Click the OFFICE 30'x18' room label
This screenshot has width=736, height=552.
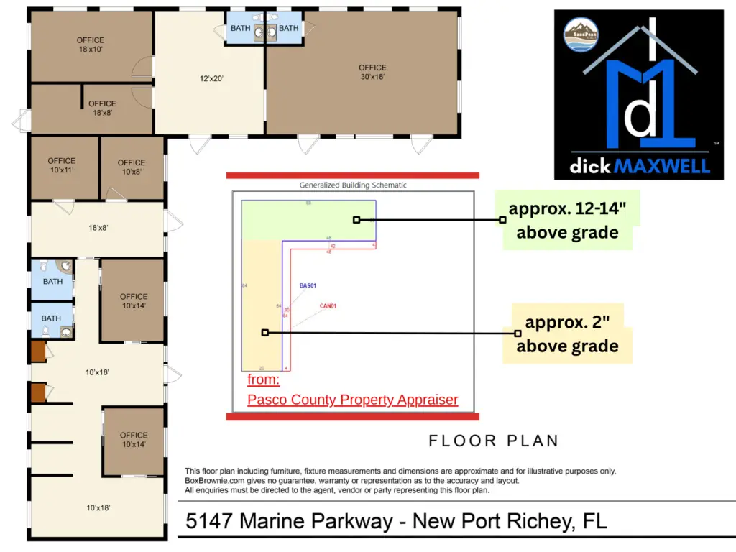point(372,73)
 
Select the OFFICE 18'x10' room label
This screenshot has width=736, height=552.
point(91,45)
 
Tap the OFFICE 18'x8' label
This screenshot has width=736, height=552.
point(102,108)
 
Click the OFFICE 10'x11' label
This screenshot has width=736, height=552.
point(62,166)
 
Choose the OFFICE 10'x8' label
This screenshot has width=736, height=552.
point(132,167)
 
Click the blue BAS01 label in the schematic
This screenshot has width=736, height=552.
point(308,286)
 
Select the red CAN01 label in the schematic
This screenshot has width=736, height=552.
point(328,306)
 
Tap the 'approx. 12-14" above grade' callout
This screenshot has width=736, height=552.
point(567,221)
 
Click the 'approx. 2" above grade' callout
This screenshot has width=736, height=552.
point(567,334)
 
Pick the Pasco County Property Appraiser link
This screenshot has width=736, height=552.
point(352,400)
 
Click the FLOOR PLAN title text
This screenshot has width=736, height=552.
point(493,441)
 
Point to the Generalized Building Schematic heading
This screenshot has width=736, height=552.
point(352,185)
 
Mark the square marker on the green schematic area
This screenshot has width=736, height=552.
point(356,220)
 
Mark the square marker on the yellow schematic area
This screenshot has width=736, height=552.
point(265,332)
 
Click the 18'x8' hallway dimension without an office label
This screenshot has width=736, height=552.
point(98,228)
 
